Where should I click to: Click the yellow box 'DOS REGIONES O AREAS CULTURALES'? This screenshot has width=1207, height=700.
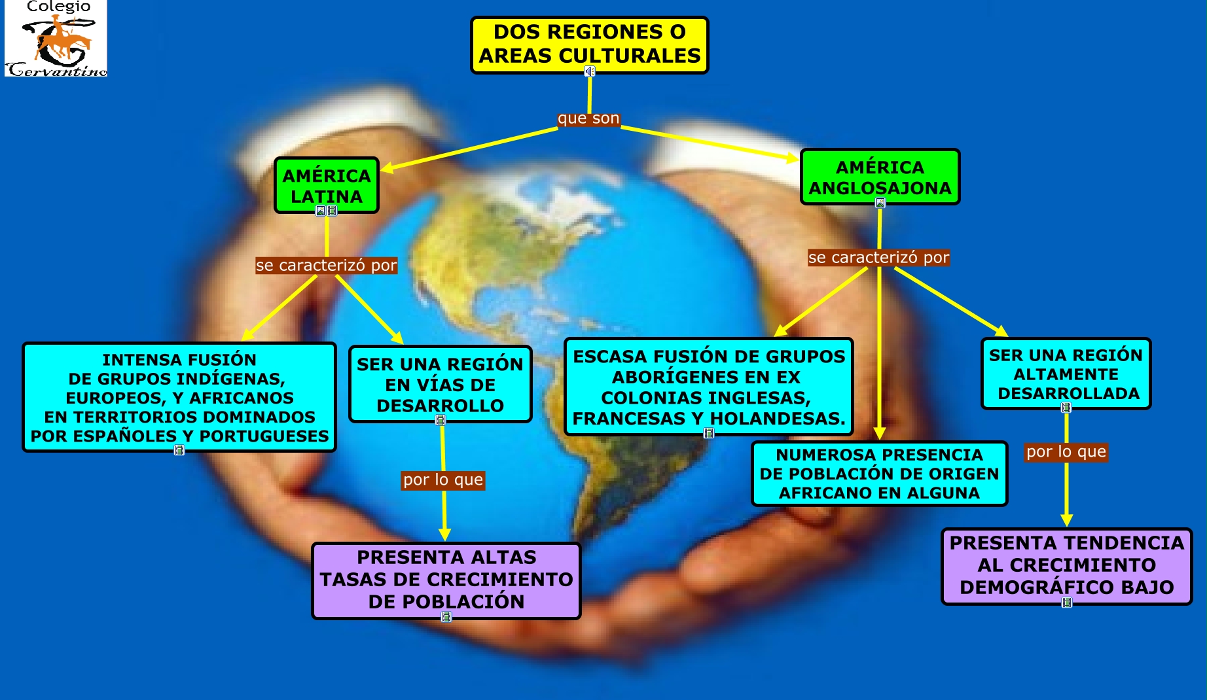589,44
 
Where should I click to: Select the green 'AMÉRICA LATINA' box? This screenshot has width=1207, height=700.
326,185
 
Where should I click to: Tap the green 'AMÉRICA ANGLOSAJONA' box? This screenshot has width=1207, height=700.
880,177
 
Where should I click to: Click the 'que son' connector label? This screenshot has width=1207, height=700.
588,118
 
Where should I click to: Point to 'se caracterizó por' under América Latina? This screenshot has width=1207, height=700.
326,266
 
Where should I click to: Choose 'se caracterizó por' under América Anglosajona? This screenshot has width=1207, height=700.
878,258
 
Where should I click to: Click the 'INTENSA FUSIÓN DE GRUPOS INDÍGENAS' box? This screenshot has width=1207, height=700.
179,397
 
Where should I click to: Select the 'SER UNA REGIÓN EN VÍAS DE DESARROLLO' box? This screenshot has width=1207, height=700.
440,384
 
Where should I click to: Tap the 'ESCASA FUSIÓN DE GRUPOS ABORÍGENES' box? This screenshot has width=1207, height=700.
709,387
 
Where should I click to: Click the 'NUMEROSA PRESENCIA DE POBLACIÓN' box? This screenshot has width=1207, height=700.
879,474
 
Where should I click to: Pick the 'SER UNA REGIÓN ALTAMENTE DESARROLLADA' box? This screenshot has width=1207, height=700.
1066,374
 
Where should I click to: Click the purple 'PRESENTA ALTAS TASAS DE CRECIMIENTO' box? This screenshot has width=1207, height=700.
446,580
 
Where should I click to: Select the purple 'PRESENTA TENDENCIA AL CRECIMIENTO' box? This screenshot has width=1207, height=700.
1066,565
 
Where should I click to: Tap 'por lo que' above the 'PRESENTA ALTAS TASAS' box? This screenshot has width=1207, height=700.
443,480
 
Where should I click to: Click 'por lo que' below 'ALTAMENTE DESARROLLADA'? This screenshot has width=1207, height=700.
1066,452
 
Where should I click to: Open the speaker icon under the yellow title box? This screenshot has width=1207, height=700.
589,71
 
